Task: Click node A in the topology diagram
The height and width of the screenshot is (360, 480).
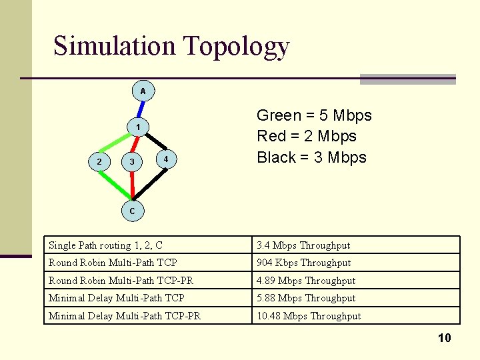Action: [143, 90]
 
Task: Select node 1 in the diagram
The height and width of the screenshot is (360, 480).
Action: [137, 127]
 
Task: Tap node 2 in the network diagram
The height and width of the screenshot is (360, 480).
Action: [99, 161]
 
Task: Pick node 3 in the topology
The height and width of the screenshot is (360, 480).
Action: [132, 161]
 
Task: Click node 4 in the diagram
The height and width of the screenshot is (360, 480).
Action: [165, 159]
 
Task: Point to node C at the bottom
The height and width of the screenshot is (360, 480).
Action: [132, 211]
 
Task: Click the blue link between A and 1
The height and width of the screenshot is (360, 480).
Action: [140, 109]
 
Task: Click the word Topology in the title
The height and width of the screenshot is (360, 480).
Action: [236, 46]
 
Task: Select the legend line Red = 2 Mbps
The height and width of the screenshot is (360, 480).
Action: [307, 137]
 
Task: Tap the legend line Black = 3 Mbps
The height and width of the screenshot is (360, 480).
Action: [311, 157]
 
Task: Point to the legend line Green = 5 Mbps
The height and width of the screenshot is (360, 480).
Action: [314, 115]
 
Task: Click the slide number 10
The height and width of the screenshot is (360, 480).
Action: [444, 338]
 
